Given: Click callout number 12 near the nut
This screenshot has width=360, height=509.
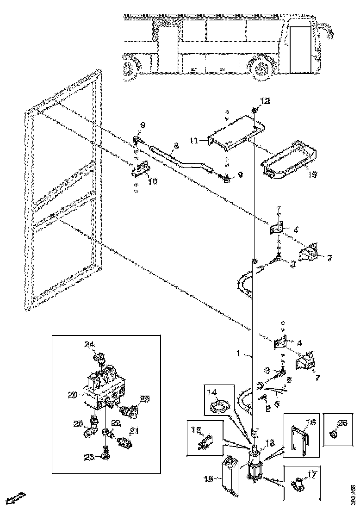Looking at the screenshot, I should pos(264,101).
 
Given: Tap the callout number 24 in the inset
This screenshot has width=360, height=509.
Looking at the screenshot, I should pos(88,344).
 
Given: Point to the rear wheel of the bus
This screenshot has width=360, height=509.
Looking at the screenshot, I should pos(131,68).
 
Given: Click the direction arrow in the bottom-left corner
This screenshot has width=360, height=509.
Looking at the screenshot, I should pos(13,499).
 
